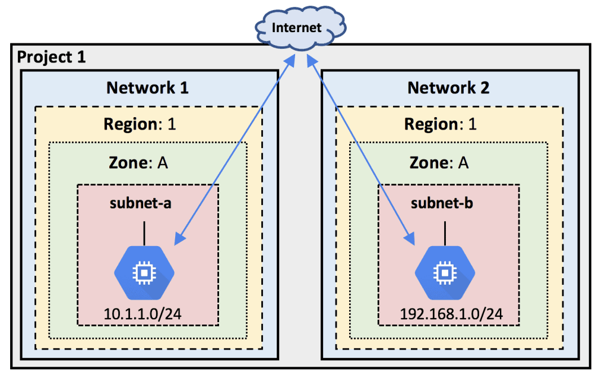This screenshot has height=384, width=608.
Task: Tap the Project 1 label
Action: coord(51,57)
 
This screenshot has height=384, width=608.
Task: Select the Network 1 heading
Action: coord(147,88)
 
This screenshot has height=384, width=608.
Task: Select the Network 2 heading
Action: coord(448,88)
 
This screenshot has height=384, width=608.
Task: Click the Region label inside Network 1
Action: coord(140,125)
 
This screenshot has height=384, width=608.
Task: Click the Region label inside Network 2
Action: coord(440,125)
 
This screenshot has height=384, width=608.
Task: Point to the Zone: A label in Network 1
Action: coord(139,162)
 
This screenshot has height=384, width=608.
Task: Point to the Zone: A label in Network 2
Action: coord(440,162)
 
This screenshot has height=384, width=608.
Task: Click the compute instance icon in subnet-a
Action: coord(144,272)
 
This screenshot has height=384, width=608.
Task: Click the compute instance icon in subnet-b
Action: coord(444,272)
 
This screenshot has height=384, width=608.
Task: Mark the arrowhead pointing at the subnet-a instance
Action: coord(178,239)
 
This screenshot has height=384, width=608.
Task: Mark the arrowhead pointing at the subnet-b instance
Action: coord(409,239)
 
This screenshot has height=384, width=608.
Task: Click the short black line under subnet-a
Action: coord(144,230)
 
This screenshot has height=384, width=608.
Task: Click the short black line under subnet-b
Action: coord(445,230)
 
